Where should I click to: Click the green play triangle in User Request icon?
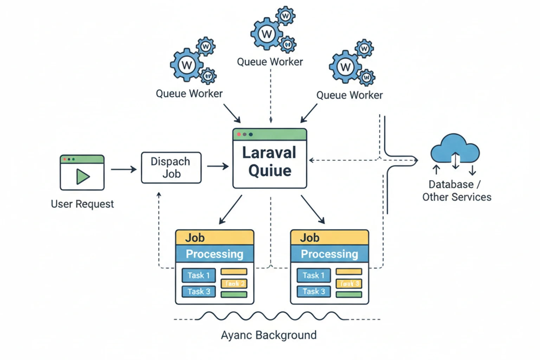tap(83, 176)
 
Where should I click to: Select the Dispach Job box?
tap(171, 168)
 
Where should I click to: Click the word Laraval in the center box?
tap(269, 153)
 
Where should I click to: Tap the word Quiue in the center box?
tap(270, 171)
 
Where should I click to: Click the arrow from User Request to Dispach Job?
tap(123, 169)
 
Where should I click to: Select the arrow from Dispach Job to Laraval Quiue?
tap(218, 166)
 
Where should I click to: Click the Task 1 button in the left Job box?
tap(199, 275)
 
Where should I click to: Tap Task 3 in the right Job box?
tap(314, 291)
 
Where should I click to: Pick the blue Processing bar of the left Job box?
tap(214, 254)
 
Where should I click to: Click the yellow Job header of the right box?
tap(329, 238)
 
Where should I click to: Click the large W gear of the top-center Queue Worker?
tap(266, 34)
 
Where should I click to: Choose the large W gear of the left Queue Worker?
tap(187, 65)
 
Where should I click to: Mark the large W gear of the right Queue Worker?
tap(345, 67)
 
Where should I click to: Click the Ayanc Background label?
tap(269, 335)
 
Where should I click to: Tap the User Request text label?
tap(82, 204)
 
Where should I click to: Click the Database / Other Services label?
tap(456, 191)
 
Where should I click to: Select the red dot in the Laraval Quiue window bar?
tap(239, 134)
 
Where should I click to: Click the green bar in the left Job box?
tap(234, 294)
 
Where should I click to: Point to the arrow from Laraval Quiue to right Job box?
tap(313, 209)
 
